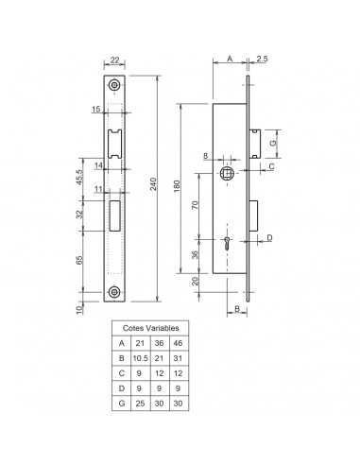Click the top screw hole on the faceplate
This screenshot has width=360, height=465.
114,85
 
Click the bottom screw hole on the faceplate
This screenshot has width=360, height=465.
114,291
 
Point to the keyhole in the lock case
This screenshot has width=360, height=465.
230,243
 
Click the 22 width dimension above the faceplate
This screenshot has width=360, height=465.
114,61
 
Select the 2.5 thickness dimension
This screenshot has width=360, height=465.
260,59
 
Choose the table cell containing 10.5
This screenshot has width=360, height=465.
140,358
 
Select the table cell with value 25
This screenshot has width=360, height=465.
140,405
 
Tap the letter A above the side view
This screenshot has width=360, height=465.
230,59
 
